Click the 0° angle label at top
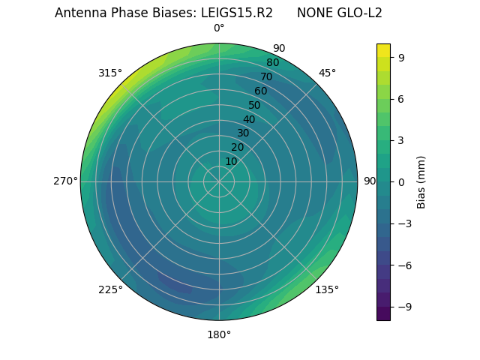219,28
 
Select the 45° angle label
327,73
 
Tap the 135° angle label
327,289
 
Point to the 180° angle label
219,334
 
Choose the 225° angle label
110,289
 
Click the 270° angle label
65,181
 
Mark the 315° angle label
110,73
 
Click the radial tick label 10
231,161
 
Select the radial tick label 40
248,119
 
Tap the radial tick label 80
272,63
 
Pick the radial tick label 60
260,91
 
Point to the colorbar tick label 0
401,181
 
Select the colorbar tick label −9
404,307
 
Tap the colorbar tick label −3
404,223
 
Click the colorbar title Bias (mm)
421,181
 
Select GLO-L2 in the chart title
358,13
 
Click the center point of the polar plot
219,181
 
